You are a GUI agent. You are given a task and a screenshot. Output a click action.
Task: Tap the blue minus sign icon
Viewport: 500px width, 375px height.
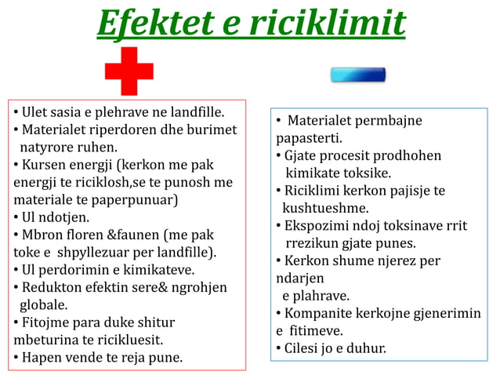(358, 75)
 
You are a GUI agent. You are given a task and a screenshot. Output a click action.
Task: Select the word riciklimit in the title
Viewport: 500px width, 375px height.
(327, 24)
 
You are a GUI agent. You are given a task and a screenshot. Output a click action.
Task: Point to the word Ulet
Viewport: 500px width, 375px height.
(36, 111)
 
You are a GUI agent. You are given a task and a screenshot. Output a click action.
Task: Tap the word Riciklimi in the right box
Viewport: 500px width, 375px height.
(314, 191)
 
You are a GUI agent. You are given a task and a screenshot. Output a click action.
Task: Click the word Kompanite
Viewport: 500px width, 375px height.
(321, 313)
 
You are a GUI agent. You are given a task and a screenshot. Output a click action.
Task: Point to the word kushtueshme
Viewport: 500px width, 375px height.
(325, 208)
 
